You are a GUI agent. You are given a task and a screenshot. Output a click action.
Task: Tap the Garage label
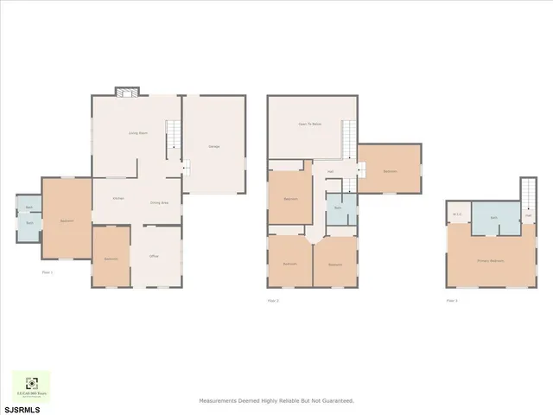213,146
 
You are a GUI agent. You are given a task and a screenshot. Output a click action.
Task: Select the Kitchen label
118,198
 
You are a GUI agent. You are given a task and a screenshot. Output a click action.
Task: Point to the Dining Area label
158,202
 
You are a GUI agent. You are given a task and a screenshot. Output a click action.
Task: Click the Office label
153,256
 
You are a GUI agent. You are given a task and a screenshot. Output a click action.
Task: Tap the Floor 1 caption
48,273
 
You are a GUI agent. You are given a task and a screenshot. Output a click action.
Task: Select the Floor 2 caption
272,300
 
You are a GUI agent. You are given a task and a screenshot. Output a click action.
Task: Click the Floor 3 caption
451,300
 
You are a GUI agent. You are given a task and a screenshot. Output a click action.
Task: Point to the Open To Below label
309,124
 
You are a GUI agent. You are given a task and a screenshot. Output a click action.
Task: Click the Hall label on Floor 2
331,171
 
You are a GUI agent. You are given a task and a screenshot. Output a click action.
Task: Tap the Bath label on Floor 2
339,208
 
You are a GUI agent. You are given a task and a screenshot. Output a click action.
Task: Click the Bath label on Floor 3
493,218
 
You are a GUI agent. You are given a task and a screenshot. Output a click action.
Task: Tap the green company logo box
31,386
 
